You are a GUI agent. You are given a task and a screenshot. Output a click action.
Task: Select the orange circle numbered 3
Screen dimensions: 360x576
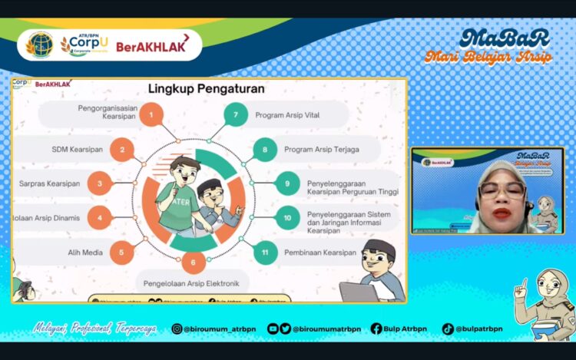[x=100, y=183]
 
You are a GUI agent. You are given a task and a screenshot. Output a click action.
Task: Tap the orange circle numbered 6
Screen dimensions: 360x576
[x=194, y=263]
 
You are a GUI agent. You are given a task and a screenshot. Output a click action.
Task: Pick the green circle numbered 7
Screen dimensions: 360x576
[x=236, y=116]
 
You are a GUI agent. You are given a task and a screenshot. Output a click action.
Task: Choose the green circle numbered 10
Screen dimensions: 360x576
[x=286, y=217]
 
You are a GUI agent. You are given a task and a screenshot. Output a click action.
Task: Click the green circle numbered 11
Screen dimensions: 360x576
[x=265, y=252]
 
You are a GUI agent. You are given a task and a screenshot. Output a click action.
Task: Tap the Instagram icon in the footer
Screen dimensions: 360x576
[x=177, y=329]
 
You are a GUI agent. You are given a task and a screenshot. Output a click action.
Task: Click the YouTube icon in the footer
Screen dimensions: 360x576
[x=273, y=329]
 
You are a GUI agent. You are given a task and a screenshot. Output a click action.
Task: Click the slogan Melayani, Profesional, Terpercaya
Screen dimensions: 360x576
[x=94, y=329]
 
